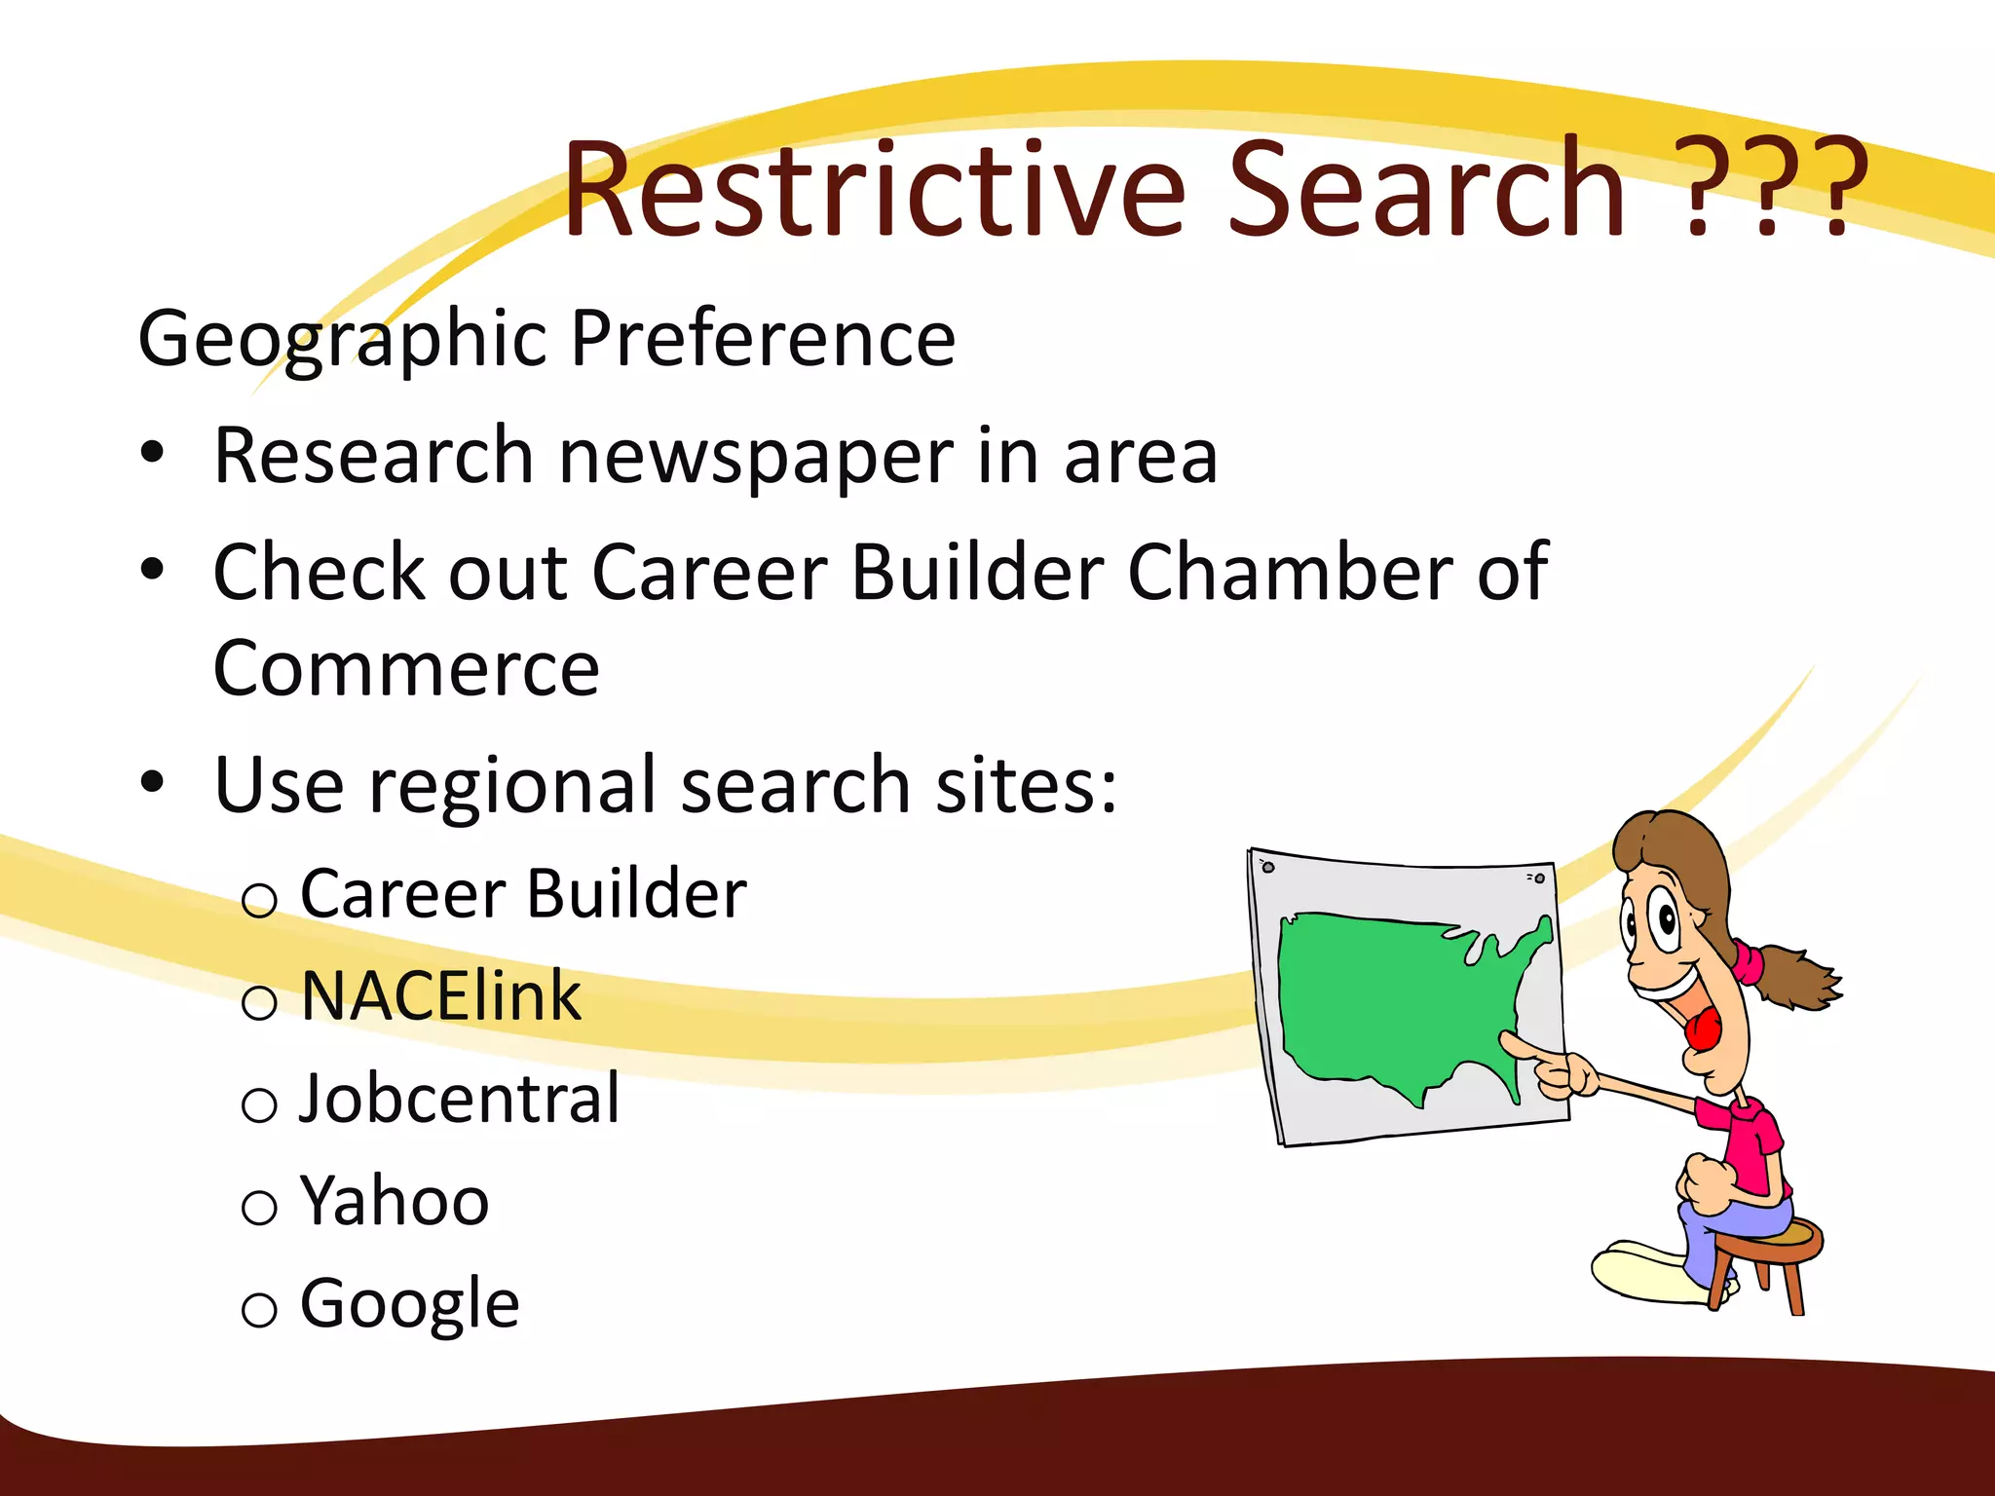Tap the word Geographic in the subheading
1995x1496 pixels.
click(x=342, y=339)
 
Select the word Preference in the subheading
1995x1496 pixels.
click(x=762, y=338)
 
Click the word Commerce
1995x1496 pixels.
click(x=406, y=669)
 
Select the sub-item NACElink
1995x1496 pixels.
click(x=440, y=996)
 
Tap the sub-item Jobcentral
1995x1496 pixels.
click(x=459, y=1099)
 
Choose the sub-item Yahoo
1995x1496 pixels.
click(x=395, y=1201)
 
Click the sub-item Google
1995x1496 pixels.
click(x=409, y=1303)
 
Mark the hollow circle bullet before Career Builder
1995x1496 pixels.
click(x=259, y=900)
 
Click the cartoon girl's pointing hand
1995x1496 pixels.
click(x=1559, y=1071)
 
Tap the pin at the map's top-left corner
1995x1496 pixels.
click(x=1267, y=866)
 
